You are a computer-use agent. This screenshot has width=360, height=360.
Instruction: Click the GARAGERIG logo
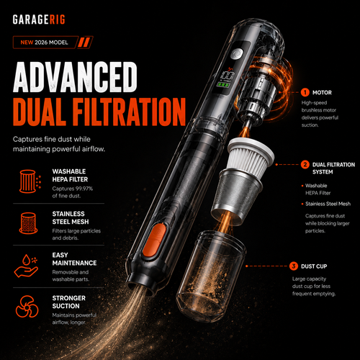coord(39,19)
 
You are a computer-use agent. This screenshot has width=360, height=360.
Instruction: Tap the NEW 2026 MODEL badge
coord(53,42)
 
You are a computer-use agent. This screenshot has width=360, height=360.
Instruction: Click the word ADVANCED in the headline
coord(75,77)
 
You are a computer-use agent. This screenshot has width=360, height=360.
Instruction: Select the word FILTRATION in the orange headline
coord(129,112)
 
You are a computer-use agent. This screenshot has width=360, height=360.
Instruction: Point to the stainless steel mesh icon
coord(28,223)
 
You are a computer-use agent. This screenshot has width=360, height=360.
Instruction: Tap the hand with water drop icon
coord(26,266)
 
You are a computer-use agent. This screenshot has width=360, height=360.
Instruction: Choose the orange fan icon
coord(27,307)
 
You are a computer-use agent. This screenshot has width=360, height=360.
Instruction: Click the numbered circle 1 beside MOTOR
coord(305,92)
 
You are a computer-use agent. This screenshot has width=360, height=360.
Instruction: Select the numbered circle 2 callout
coord(305,165)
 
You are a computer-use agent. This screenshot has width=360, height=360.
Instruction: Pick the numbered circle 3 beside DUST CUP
coord(294,266)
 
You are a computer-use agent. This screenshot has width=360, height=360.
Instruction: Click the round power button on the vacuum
coord(237,54)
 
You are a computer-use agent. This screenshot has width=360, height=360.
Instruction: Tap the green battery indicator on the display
coord(223,85)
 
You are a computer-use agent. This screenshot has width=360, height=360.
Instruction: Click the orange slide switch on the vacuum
coord(154,240)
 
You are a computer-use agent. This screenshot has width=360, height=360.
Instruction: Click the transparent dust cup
coord(211,276)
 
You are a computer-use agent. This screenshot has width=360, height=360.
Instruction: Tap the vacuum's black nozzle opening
coord(142,287)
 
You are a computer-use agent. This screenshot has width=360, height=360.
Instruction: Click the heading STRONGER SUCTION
coord(69,302)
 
